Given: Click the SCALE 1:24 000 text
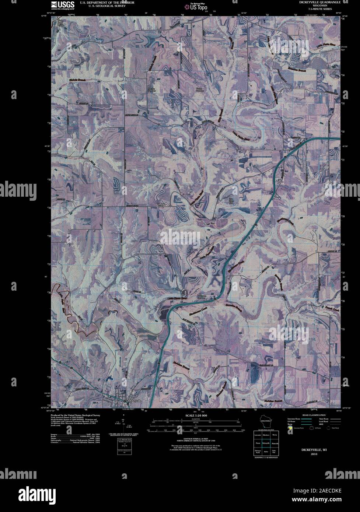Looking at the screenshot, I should pyautogui.click(x=195, y=416).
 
